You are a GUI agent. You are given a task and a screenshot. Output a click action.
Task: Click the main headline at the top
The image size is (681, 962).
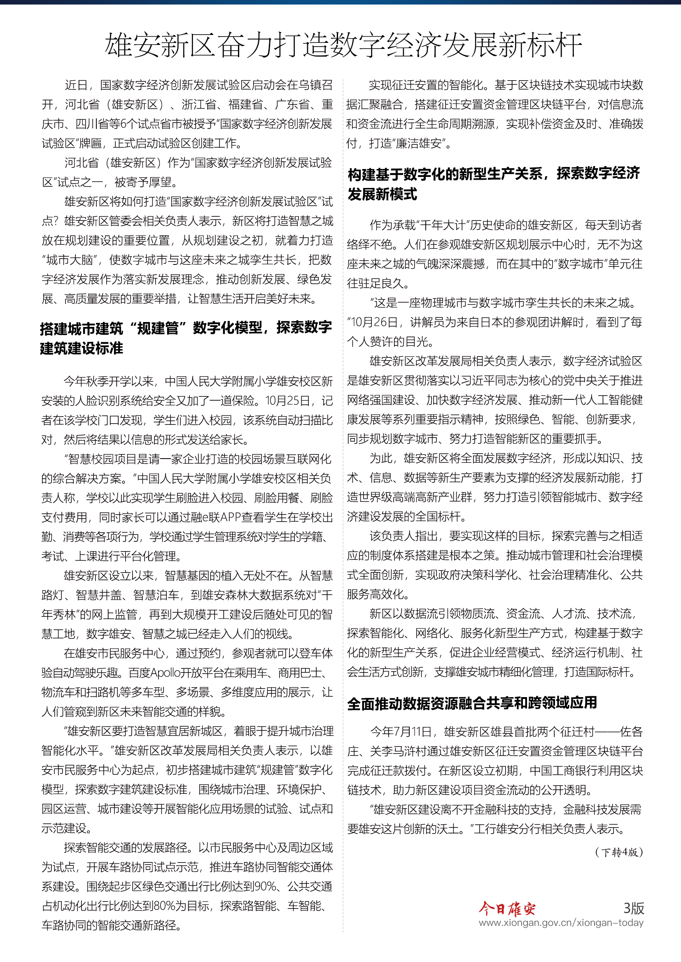coord(343,45)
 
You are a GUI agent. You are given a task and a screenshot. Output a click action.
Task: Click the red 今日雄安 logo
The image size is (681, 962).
coord(507,909)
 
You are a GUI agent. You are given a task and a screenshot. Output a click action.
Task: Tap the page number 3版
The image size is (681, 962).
coord(633,908)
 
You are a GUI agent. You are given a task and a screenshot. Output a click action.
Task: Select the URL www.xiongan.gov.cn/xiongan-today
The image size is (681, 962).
coord(561,923)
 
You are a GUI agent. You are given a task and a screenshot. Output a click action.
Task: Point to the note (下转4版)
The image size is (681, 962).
coord(618,852)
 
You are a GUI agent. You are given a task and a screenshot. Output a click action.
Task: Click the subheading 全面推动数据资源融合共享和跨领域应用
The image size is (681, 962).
coord(472,703)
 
